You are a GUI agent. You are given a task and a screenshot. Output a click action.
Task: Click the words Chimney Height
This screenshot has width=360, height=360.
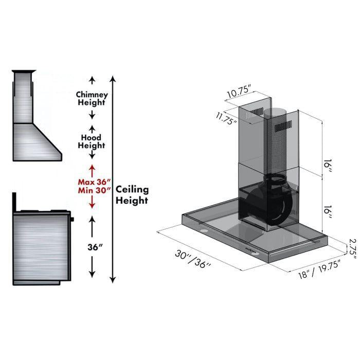coord(92,99)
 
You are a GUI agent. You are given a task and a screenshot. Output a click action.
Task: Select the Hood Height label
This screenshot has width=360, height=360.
coord(92,141)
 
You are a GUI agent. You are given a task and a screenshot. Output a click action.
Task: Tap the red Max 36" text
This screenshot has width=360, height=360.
coord(93,182)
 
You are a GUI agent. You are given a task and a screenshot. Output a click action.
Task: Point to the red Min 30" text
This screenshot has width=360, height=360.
coord(93,190)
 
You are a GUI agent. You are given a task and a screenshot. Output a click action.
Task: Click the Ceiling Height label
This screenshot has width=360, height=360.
coord(132,194)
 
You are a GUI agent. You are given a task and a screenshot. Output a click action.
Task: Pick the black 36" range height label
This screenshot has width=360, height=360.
coord(93,246)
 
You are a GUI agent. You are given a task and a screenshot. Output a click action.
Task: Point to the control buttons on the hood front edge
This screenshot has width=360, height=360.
coord(253,250)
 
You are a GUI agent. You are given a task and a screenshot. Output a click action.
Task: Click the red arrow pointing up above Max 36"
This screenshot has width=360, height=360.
coord(93,169)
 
